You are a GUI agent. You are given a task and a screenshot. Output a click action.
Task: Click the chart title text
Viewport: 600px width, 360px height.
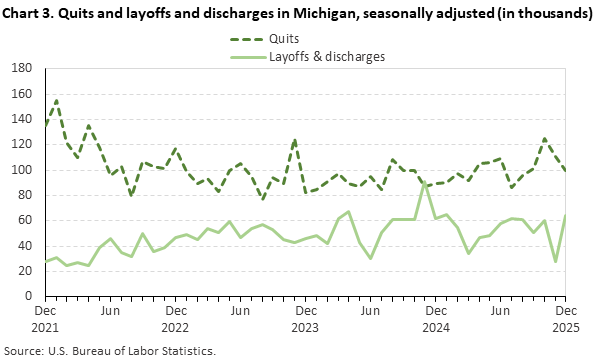tap(297, 15)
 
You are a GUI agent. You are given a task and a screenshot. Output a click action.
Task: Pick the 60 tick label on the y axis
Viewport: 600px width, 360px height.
tap(27, 221)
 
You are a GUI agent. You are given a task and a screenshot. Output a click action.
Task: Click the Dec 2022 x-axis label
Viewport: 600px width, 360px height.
tap(175, 319)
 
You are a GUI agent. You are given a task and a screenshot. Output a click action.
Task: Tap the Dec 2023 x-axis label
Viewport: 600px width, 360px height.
tap(306, 319)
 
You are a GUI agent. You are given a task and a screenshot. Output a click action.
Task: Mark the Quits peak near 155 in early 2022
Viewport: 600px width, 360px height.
tap(56, 100)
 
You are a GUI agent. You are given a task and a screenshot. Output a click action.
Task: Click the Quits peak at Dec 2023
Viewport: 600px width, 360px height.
tap(295, 139)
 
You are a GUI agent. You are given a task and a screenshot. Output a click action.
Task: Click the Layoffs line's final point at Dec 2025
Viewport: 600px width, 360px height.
tap(566, 215)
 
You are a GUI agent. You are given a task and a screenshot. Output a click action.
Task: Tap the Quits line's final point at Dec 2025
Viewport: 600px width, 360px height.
tap(566, 171)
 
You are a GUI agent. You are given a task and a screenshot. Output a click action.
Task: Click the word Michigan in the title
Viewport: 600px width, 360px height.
tap(263, 15)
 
